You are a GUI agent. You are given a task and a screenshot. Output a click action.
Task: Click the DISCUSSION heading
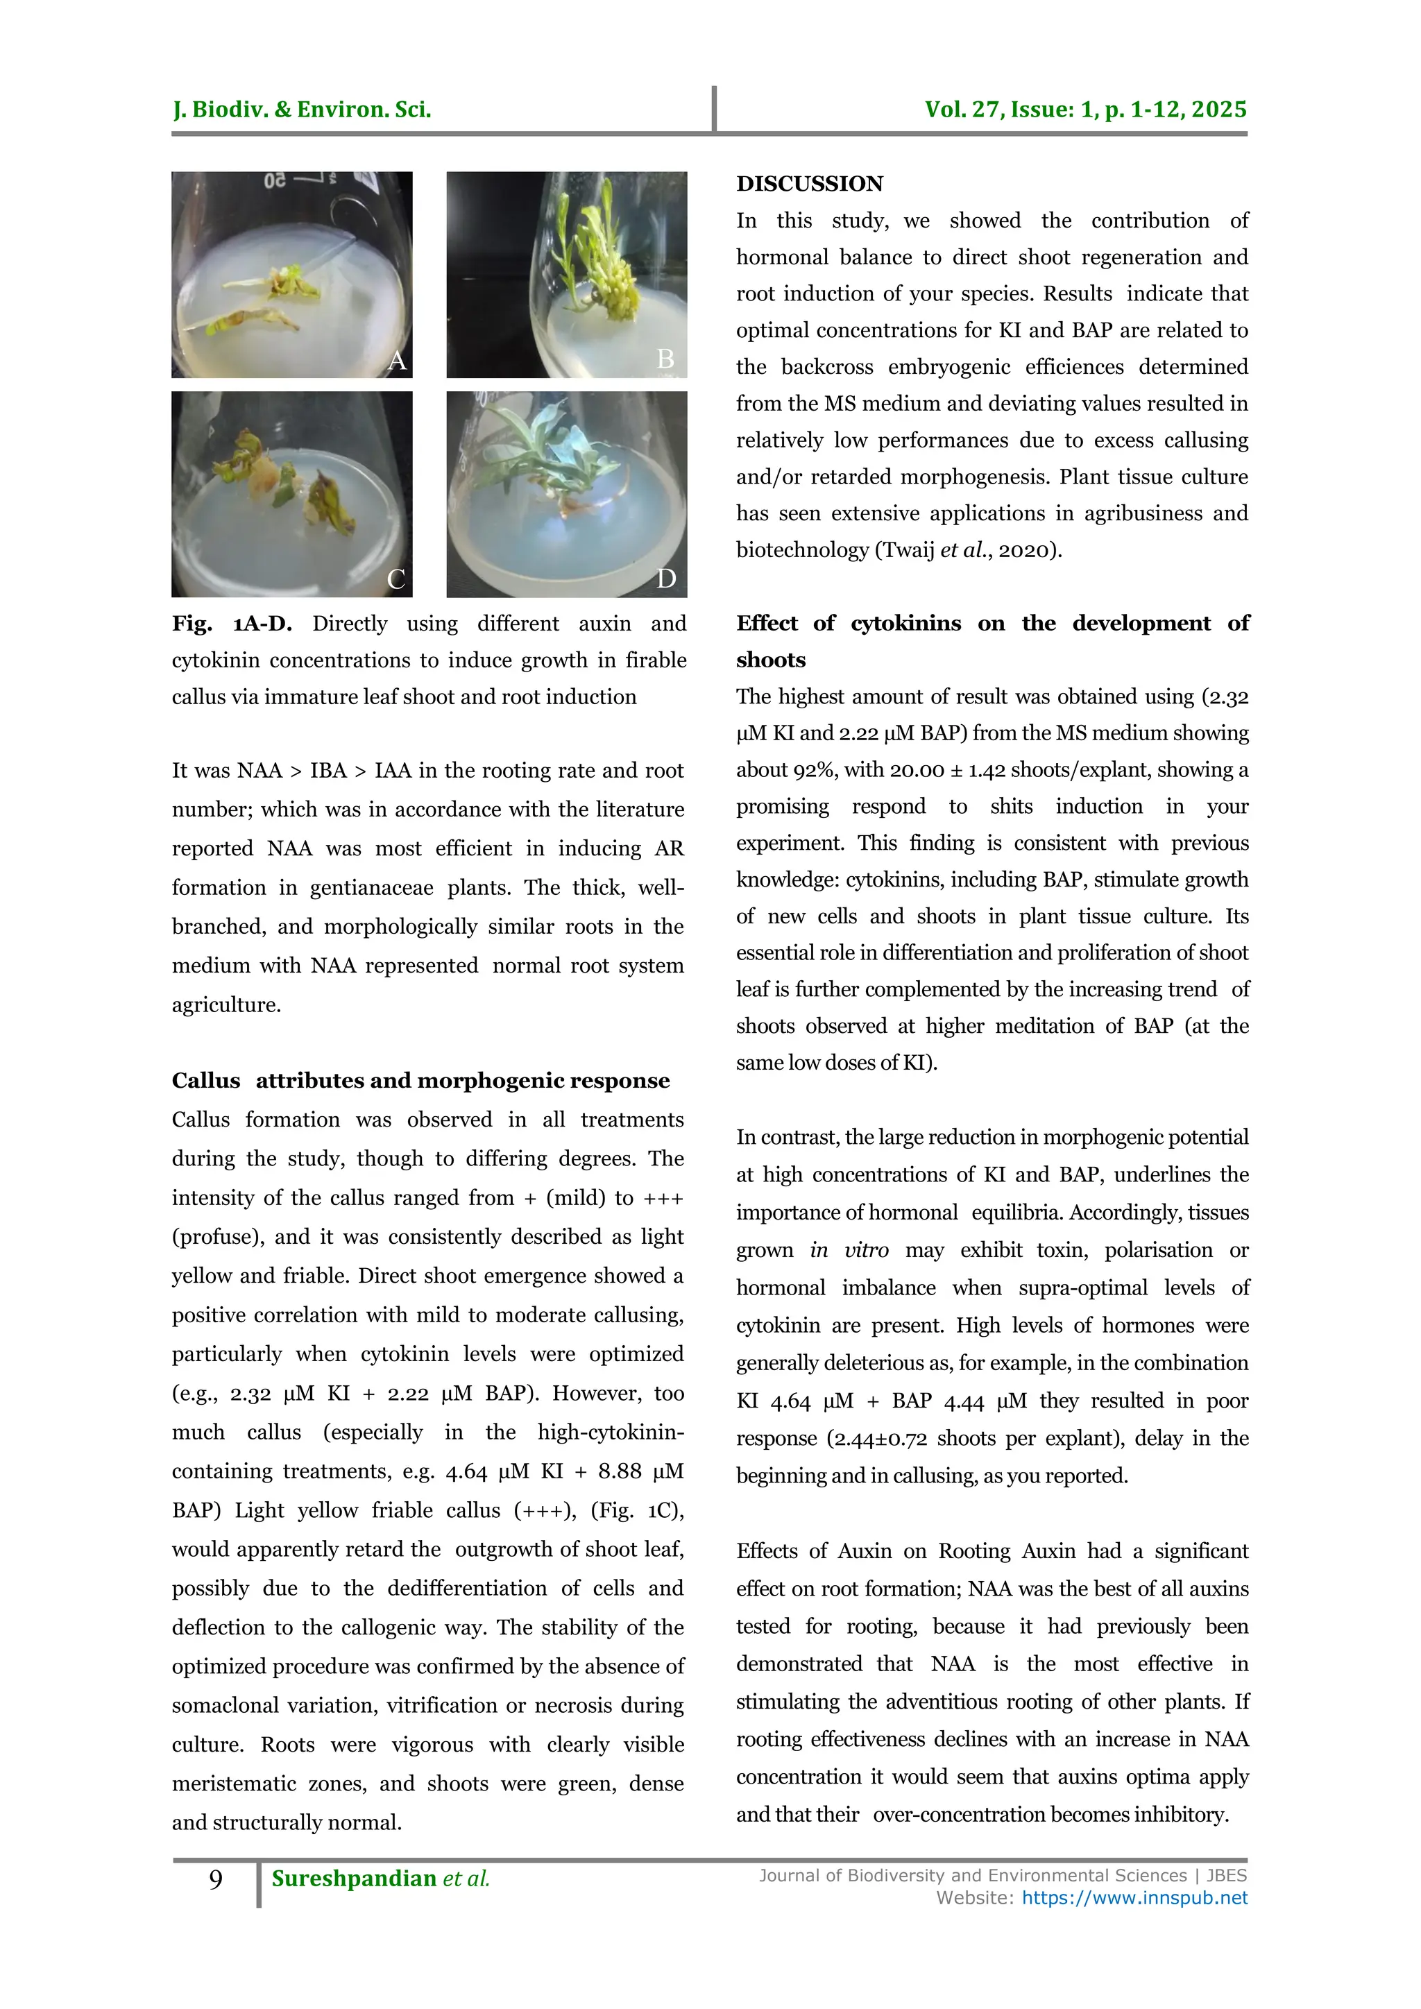[810, 184]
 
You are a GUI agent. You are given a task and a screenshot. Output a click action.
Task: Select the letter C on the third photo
[395, 579]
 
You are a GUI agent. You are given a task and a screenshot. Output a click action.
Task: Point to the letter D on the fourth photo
[666, 579]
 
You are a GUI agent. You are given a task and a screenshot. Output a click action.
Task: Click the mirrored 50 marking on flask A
[275, 181]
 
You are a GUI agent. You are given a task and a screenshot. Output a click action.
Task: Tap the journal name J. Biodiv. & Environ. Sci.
[302, 110]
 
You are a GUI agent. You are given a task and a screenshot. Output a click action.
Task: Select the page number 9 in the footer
[215, 1879]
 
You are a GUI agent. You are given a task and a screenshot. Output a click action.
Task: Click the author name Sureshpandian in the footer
[353, 1879]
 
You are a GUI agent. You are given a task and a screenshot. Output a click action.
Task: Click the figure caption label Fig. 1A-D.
[231, 624]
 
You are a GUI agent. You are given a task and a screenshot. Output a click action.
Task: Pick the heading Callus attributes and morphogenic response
[420, 1081]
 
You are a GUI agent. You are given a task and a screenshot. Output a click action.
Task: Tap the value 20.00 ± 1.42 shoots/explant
[993, 770]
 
